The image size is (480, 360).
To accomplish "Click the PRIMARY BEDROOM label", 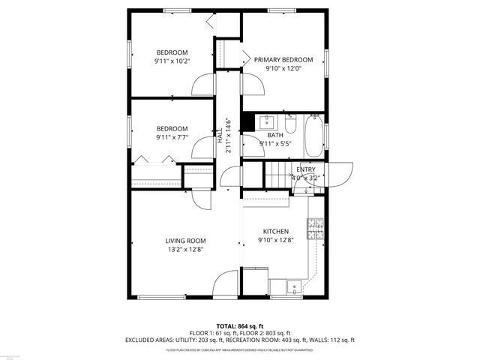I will click(x=283, y=59).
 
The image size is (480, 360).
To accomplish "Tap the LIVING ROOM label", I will click(x=185, y=241).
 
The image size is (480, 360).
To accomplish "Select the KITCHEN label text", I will click(x=275, y=232).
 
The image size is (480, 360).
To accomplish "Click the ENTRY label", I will click(x=306, y=170).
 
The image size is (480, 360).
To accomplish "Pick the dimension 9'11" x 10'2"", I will click(x=172, y=60).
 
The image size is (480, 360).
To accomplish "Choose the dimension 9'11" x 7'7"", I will click(x=172, y=136).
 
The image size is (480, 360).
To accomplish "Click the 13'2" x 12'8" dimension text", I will click(x=185, y=249).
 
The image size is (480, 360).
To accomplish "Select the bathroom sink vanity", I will click(x=268, y=121).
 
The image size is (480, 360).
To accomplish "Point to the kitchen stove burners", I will click(x=315, y=224).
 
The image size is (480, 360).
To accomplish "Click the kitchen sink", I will click(x=293, y=285).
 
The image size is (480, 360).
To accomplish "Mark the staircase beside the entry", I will click(x=278, y=178).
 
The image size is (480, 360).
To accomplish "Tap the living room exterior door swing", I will click(x=226, y=284).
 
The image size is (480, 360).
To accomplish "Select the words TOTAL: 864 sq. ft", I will click(x=239, y=326).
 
